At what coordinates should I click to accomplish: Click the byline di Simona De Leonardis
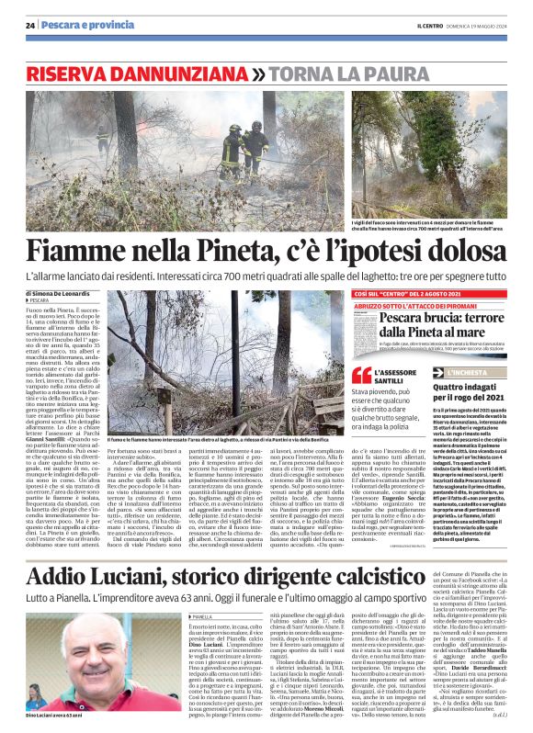[x=64, y=294]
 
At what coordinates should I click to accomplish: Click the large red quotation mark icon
[x=363, y=374]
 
